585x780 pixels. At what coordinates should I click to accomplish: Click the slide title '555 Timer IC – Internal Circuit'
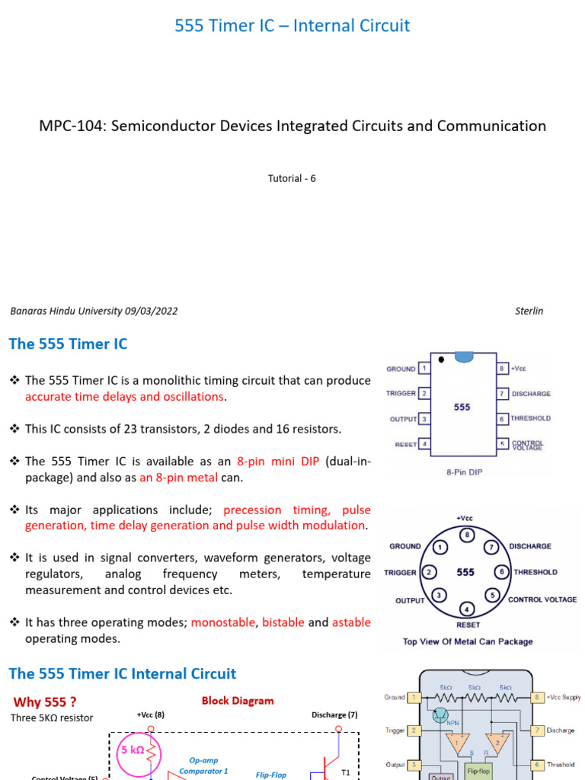[292, 26]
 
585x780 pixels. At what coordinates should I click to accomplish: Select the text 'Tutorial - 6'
[292, 178]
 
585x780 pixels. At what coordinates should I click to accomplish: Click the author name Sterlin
[529, 311]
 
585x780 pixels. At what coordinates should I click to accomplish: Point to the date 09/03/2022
[151, 311]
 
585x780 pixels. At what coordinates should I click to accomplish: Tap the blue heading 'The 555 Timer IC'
[68, 344]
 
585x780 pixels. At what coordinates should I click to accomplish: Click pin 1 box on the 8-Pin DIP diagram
[424, 368]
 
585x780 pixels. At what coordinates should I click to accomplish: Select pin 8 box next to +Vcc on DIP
[502, 368]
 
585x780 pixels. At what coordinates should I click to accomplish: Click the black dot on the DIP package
[442, 359]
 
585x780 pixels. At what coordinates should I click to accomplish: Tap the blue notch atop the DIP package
[462, 356]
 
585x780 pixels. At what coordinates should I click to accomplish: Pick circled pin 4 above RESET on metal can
[468, 609]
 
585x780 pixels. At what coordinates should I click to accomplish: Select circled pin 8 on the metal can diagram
[468, 536]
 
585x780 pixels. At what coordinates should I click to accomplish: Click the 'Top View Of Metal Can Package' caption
[468, 641]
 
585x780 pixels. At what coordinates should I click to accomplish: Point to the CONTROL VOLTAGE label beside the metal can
[542, 599]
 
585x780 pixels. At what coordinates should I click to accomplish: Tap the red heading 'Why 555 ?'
[45, 702]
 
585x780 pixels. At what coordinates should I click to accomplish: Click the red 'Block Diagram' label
[238, 701]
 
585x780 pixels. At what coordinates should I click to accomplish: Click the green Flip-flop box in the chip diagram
[478, 769]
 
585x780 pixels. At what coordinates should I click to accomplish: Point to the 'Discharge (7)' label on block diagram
[334, 714]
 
